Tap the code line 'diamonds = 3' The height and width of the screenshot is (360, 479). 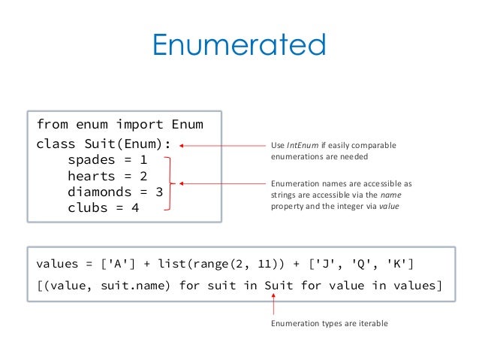click(x=115, y=192)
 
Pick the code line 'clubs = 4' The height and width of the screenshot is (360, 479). click(x=104, y=207)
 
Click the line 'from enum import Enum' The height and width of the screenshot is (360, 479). click(x=119, y=124)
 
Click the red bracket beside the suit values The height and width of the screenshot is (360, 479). click(x=175, y=183)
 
